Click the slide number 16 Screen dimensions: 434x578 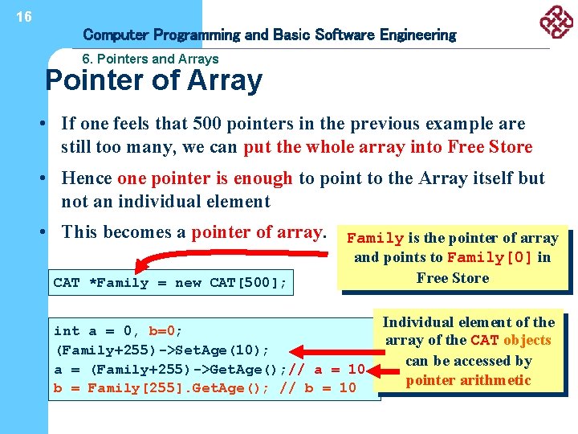click(24, 16)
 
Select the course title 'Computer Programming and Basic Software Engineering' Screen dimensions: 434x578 click(269, 35)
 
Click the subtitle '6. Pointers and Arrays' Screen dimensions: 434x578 click(150, 59)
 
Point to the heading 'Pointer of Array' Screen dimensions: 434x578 click(153, 80)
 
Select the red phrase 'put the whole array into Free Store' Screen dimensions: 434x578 click(388, 146)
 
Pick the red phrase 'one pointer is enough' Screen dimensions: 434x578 click(205, 178)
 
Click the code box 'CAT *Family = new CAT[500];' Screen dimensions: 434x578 click(170, 282)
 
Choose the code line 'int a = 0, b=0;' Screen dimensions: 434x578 click(118, 330)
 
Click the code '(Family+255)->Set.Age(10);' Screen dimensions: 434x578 click(161, 350)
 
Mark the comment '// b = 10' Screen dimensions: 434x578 click(318, 388)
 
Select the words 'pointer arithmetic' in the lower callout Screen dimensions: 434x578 click(468, 380)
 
